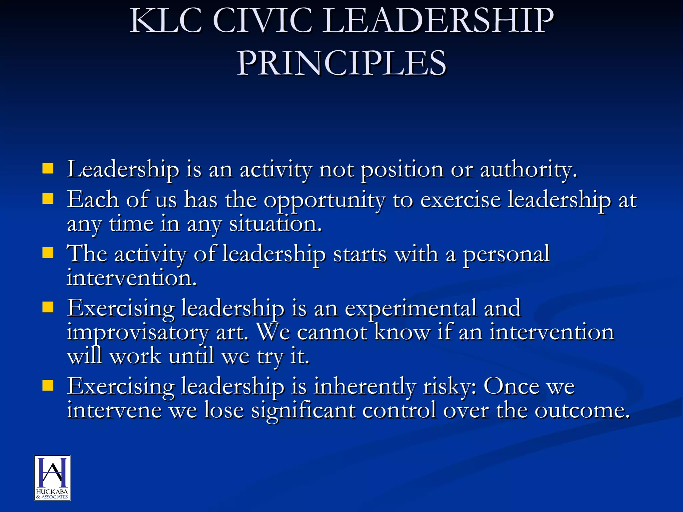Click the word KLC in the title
pyautogui.click(x=166, y=21)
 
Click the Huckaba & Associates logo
pyautogui.click(x=52, y=478)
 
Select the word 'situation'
pyautogui.click(x=275, y=224)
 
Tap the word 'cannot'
pyautogui.click(x=332, y=332)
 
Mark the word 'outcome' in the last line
pyautogui.click(x=582, y=411)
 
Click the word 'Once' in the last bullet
pyautogui.click(x=511, y=386)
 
